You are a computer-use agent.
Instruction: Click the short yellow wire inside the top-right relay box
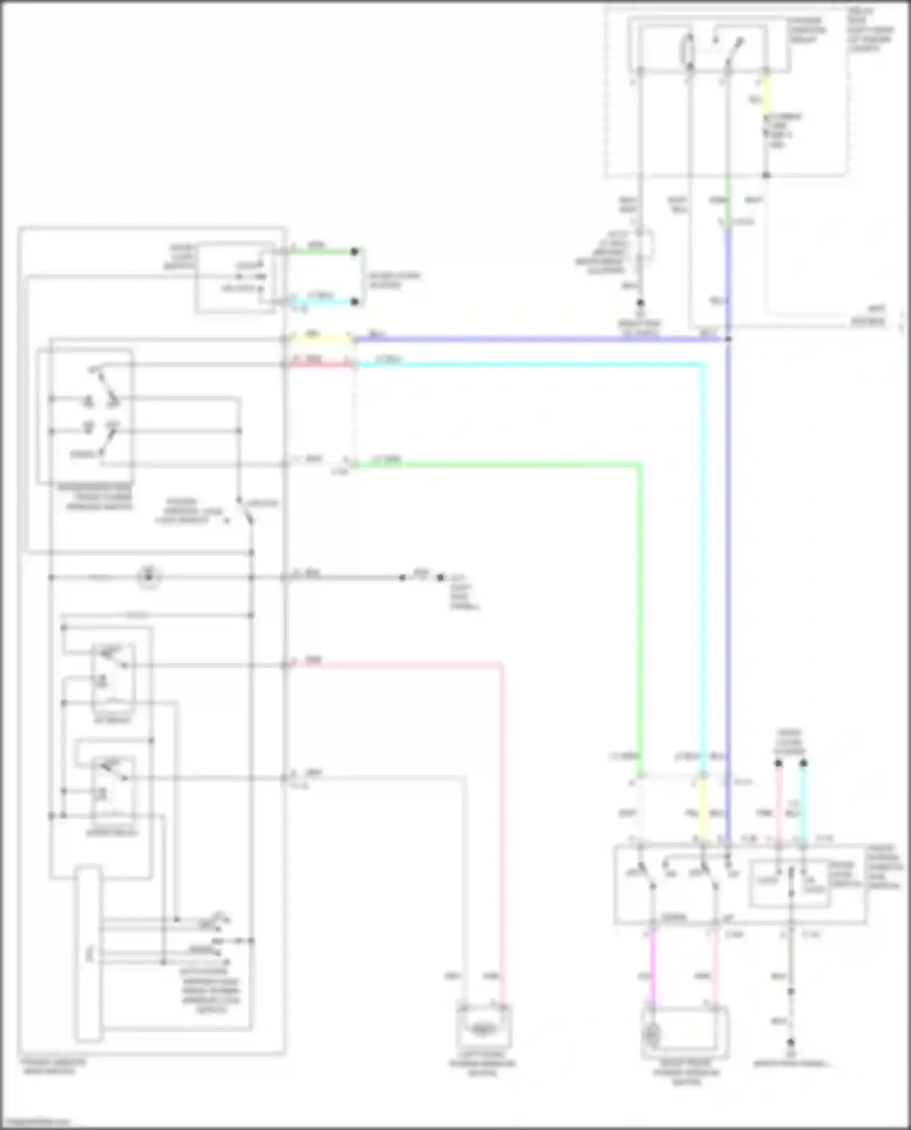coord(766,97)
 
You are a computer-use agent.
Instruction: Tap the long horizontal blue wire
coord(541,339)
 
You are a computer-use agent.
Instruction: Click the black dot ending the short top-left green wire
coord(355,251)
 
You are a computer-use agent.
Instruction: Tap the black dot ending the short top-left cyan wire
coord(355,301)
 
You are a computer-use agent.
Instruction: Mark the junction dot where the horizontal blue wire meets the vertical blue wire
coord(728,339)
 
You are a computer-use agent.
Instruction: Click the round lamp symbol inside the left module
coord(148,577)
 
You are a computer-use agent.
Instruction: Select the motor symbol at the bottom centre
coord(483,1028)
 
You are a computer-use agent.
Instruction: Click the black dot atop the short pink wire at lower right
coord(778,763)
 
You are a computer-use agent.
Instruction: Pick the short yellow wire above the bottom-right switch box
coord(703,811)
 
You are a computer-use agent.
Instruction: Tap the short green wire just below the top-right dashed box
coord(728,200)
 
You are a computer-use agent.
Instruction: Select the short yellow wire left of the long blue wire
coord(320,338)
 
